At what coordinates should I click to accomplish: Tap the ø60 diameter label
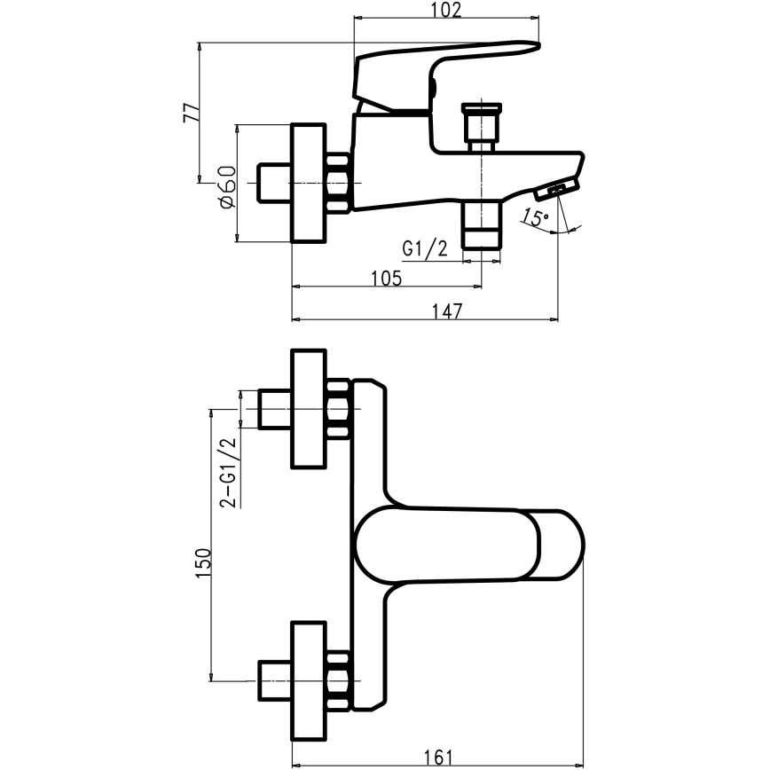click(224, 186)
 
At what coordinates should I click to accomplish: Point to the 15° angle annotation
click(535, 217)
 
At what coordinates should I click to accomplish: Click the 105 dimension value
click(386, 278)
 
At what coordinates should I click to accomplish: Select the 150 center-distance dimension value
click(202, 564)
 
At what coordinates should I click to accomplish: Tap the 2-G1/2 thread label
click(227, 471)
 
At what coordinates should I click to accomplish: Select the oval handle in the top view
click(470, 543)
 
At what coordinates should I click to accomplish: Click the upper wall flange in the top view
click(310, 408)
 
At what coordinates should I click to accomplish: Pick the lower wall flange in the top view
click(310, 680)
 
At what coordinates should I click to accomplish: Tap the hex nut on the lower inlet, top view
click(338, 680)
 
